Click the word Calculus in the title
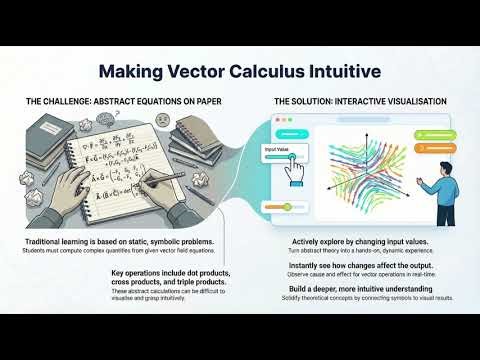(246, 73)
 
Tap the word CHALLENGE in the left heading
(82, 103)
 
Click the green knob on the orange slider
(289, 207)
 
